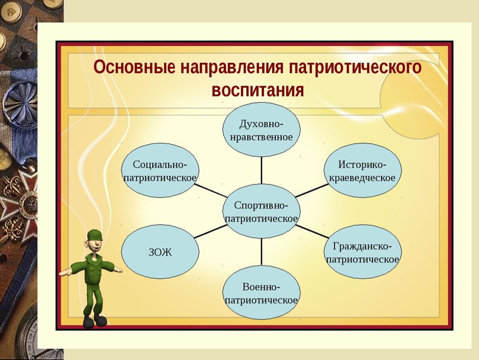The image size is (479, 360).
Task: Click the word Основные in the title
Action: coord(134,67)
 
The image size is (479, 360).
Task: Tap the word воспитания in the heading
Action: coord(258,90)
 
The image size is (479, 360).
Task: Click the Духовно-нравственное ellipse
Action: coord(261,130)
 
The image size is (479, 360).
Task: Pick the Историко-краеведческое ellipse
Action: coord(362,170)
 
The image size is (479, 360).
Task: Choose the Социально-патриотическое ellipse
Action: coord(160,170)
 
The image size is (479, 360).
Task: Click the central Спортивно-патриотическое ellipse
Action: coord(261,211)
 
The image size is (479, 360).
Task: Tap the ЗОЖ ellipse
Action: coord(160,252)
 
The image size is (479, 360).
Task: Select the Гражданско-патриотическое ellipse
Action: coord(362,252)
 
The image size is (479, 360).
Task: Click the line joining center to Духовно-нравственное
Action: coord(262,170)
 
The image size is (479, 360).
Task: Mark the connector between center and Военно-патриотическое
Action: coord(262,252)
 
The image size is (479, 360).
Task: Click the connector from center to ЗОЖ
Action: coord(211,231)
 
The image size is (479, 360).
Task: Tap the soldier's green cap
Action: coord(94,235)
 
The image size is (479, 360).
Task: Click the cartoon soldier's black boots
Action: coord(95,320)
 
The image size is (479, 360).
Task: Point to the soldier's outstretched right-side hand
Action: coord(117,270)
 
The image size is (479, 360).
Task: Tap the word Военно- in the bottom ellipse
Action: coord(261,287)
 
